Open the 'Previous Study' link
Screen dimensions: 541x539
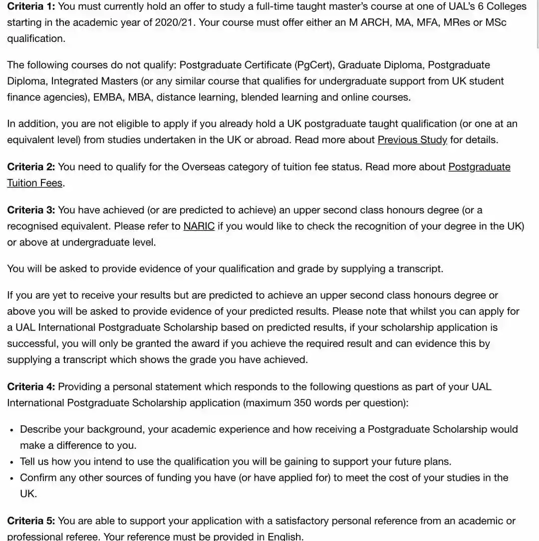(x=412, y=140)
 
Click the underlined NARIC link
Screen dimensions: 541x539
(x=199, y=226)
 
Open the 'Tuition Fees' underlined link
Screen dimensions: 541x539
(x=34, y=183)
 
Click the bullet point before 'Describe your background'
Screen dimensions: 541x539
(x=11, y=430)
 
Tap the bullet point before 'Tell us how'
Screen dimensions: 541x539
(x=11, y=462)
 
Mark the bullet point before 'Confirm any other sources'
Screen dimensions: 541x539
(x=11, y=478)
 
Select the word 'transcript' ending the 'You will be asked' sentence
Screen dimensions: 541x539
(x=419, y=269)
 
